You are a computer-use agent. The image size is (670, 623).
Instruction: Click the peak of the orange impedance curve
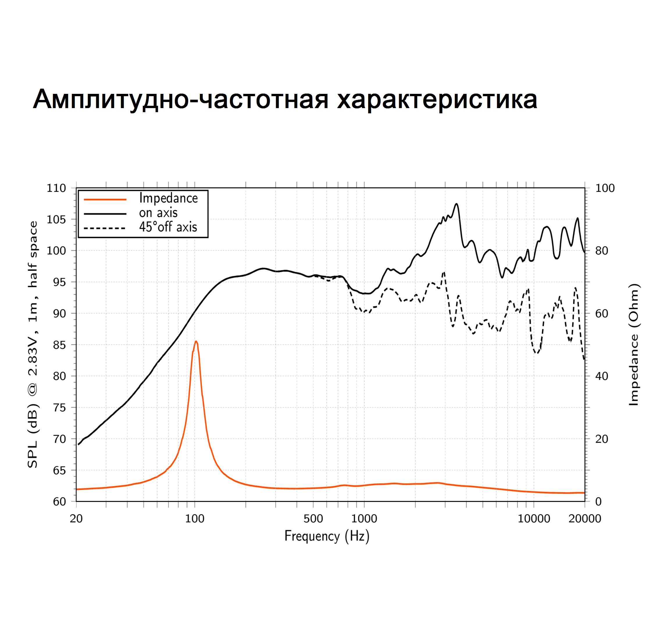pyautogui.click(x=196, y=341)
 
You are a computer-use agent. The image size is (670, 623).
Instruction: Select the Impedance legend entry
pyautogui.click(x=168, y=198)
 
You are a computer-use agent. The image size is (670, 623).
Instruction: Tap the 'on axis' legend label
pyautogui.click(x=158, y=213)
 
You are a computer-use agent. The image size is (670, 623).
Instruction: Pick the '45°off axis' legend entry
pyautogui.click(x=168, y=227)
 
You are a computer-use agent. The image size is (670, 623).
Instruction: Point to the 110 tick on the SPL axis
pyautogui.click(x=56, y=188)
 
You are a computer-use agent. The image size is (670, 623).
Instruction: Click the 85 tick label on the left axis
pyautogui.click(x=59, y=345)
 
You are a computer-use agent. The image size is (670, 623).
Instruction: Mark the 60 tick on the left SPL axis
pyautogui.click(x=59, y=502)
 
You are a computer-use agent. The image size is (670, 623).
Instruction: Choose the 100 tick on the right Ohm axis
pyautogui.click(x=605, y=188)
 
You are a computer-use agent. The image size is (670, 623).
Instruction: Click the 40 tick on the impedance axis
pyautogui.click(x=602, y=376)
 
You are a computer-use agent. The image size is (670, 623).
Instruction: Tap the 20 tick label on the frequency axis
pyautogui.click(x=76, y=519)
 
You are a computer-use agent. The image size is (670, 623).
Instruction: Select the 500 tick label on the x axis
pyautogui.click(x=313, y=519)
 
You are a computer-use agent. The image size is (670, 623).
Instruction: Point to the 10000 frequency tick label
pyautogui.click(x=534, y=519)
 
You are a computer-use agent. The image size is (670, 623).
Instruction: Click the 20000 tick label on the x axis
pyautogui.click(x=585, y=519)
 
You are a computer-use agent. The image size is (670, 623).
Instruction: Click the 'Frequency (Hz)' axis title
pyautogui.click(x=327, y=536)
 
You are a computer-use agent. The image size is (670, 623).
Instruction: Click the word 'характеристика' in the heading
pyautogui.click(x=437, y=99)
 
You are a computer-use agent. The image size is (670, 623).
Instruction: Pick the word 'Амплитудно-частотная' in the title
pyautogui.click(x=180, y=99)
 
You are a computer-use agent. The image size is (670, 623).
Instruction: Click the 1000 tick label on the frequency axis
pyautogui.click(x=364, y=519)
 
